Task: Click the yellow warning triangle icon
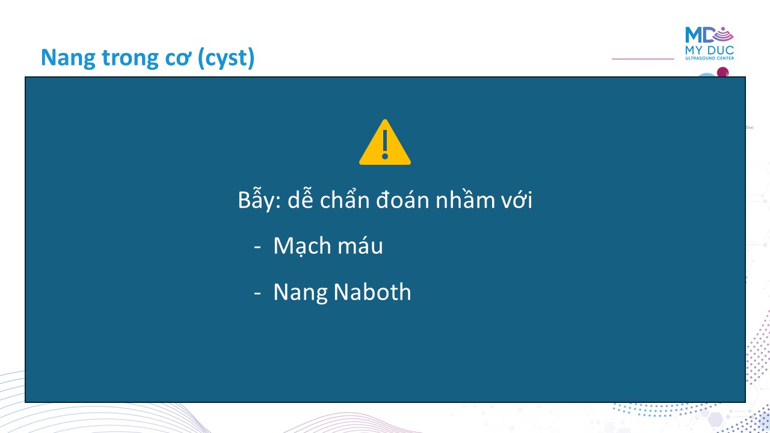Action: point(384,143)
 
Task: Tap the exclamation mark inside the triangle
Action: point(385,145)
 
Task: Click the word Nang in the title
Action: point(68,58)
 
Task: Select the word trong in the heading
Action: point(131,58)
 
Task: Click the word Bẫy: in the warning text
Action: point(259,199)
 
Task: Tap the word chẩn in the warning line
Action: point(345,198)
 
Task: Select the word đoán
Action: point(402,198)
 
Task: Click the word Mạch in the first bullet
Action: point(302,246)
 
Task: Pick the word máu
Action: point(360,245)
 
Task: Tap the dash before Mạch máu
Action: point(257,247)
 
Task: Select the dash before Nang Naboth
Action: point(257,293)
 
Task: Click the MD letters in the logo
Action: point(699,35)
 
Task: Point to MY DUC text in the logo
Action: point(709,51)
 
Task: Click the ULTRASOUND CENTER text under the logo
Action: point(709,58)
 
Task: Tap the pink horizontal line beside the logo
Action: point(643,59)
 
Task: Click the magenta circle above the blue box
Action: point(722,72)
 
